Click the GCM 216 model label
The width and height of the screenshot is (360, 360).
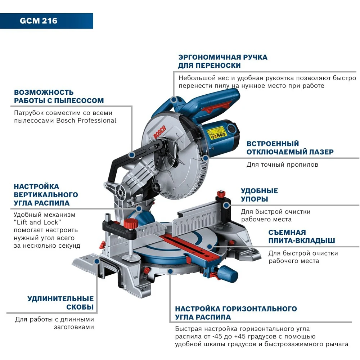[x=39, y=21]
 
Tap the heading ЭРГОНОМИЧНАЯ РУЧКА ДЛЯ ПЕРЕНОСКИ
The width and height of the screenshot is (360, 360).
[x=222, y=61]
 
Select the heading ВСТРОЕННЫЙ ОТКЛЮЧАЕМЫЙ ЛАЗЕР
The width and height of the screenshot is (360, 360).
[x=290, y=148]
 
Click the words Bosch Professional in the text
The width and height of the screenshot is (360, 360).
[x=86, y=121]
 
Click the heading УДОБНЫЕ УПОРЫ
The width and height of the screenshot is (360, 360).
[x=259, y=195]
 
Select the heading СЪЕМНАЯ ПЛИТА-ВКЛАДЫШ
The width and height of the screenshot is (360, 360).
[x=302, y=237]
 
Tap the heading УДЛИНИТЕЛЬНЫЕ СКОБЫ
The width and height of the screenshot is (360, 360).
[x=60, y=303]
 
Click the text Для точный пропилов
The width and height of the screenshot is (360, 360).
[x=282, y=165]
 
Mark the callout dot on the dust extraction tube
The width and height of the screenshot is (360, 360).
[x=132, y=154]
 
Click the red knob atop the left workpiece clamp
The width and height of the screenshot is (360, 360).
[x=129, y=224]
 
